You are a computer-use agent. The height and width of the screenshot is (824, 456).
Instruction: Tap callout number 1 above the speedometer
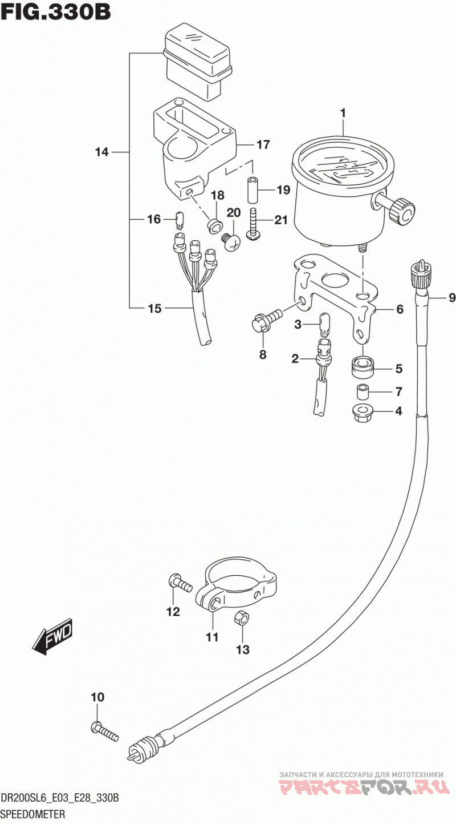pyautogui.click(x=343, y=113)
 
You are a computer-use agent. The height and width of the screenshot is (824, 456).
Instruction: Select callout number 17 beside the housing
pyautogui.click(x=263, y=144)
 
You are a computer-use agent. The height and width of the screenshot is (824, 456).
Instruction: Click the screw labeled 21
pyautogui.click(x=253, y=224)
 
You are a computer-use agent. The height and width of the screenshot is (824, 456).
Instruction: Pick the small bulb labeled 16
pyautogui.click(x=180, y=220)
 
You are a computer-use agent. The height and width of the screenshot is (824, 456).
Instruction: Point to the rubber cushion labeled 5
pyautogui.click(x=363, y=368)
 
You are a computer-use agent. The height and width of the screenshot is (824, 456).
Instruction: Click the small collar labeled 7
pyautogui.click(x=363, y=391)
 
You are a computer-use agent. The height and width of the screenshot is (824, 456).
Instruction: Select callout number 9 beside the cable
pyautogui.click(x=451, y=298)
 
